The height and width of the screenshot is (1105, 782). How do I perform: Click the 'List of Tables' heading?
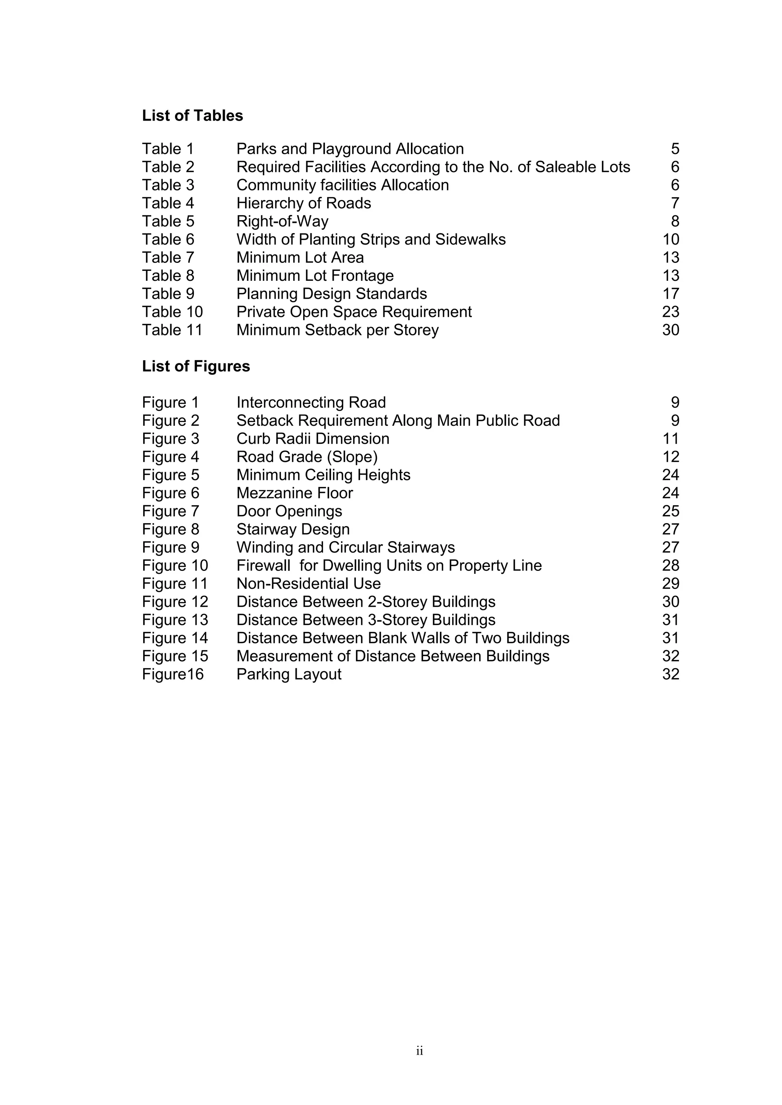tap(192, 116)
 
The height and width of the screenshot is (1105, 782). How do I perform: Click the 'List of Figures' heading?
tap(195, 366)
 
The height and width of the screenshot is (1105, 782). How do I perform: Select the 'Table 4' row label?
tap(168, 203)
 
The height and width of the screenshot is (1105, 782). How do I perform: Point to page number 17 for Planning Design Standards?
tap(670, 293)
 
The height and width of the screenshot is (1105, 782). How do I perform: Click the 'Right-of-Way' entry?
tap(282, 221)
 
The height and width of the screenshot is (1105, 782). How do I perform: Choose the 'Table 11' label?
tap(172, 330)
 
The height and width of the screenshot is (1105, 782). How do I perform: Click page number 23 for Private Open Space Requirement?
tap(670, 312)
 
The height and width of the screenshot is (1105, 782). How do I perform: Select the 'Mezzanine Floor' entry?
tap(294, 493)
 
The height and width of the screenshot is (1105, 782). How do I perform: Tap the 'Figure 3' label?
tap(170, 439)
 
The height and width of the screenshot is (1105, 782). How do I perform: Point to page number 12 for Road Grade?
tap(670, 457)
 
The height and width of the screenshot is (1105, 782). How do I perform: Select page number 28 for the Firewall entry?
tap(670, 565)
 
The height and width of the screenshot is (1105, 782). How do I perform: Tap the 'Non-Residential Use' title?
tap(308, 584)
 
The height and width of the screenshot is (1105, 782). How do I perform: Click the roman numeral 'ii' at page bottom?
tap(419, 1065)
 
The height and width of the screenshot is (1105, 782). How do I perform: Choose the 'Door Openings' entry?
tap(289, 511)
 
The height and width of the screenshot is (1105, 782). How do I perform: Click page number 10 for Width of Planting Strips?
tap(670, 240)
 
